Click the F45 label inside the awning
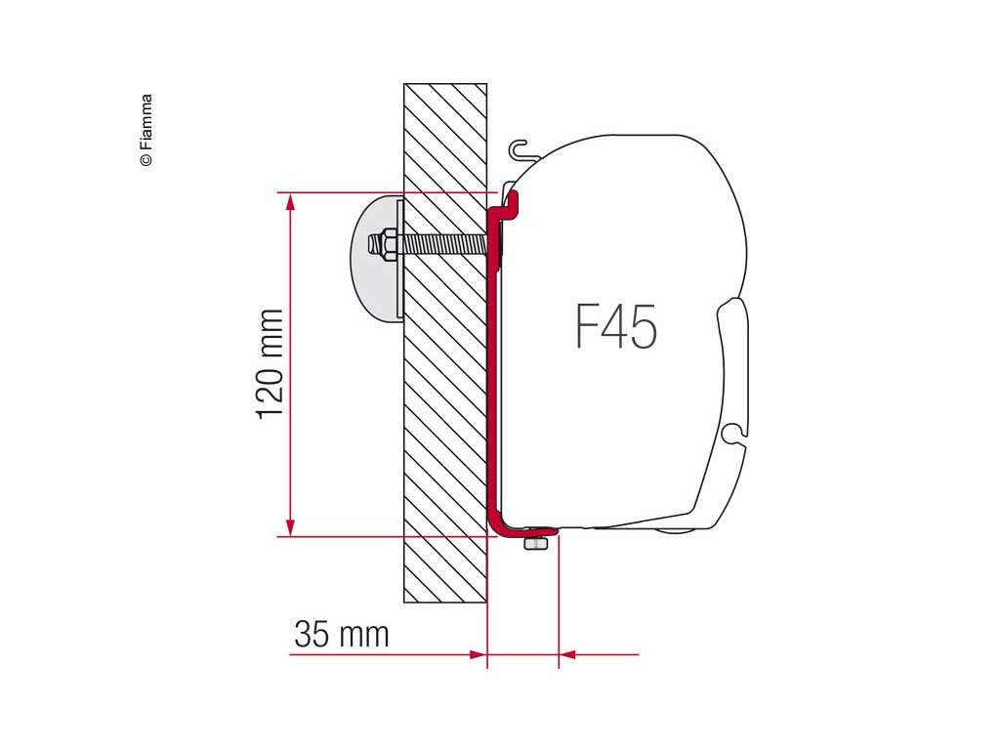[615, 327]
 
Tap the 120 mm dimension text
[270, 364]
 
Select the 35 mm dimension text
[341, 635]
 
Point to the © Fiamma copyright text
[146, 130]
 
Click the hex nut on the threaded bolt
[384, 243]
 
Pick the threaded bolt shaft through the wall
[444, 244]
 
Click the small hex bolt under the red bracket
[536, 543]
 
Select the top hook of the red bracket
[511, 201]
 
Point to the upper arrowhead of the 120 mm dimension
[289, 200]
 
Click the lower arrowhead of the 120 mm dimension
[289, 527]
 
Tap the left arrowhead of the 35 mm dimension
[478, 654]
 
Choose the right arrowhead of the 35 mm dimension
[567, 654]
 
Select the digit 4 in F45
[615, 327]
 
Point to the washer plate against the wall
[400, 258]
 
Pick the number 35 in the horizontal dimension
[312, 635]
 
